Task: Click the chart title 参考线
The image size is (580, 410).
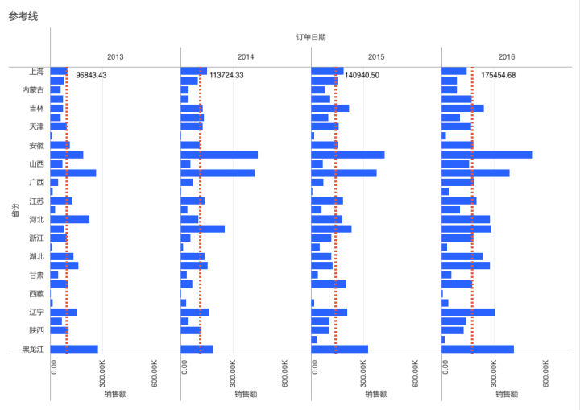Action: click(23, 16)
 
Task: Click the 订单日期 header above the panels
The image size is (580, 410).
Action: click(311, 37)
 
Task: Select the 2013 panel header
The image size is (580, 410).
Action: click(115, 57)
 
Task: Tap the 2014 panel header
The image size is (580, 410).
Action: click(246, 57)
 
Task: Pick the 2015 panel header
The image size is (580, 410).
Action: click(376, 57)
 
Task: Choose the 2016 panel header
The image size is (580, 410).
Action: click(507, 57)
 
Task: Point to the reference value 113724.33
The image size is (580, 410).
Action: click(226, 75)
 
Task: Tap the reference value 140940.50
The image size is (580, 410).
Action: click(362, 75)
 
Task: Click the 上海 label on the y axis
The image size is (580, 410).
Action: click(35, 72)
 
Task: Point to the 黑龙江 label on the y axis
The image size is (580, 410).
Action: click(33, 350)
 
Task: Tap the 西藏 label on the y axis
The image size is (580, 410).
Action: click(36, 294)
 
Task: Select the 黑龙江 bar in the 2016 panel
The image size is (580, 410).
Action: click(478, 349)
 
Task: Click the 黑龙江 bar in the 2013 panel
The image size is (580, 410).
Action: click(74, 349)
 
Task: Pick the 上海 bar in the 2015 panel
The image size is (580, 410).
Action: click(327, 71)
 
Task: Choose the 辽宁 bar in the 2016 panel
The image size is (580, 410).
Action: click(468, 312)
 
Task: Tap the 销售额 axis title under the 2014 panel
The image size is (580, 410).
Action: click(246, 395)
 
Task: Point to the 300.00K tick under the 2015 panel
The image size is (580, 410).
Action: click(364, 372)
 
